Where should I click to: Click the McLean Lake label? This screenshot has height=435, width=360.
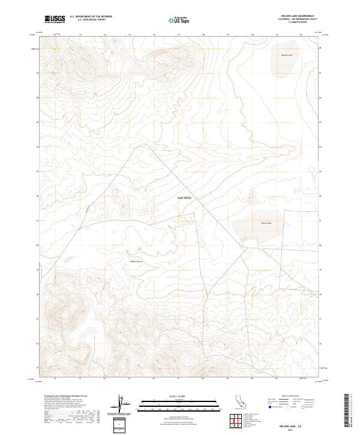pyautogui.click(x=287, y=55)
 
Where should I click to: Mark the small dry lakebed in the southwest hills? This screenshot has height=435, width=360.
pyautogui.click(x=88, y=331)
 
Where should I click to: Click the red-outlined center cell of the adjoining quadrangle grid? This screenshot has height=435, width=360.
pyautogui.click(x=238, y=421)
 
